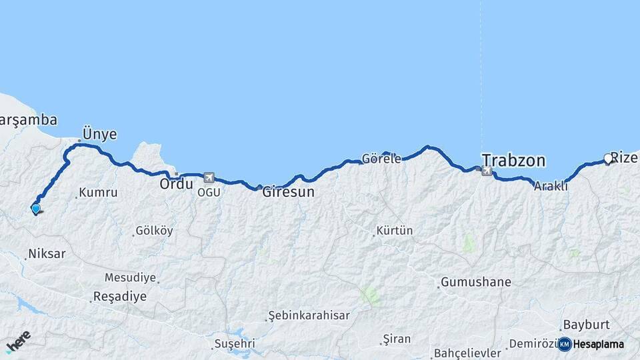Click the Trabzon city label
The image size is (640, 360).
point(513,161)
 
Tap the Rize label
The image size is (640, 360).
point(625,158)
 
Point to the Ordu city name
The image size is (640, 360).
point(176,183)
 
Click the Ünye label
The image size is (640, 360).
point(99,134)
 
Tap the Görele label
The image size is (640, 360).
point(381,159)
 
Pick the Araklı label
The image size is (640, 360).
point(551,187)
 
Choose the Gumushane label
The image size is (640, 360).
point(476,282)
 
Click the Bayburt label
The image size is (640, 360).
point(587,325)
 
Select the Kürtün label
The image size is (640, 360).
point(395,231)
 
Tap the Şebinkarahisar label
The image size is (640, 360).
point(309,315)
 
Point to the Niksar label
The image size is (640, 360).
point(47,254)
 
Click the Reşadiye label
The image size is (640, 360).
point(120,297)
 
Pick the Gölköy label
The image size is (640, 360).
point(154,231)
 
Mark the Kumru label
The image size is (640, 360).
point(98,193)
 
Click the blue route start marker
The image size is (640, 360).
point(35,209)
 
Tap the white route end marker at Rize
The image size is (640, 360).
point(607,159)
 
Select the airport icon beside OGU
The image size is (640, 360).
point(209,178)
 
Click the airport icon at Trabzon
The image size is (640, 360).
point(487,171)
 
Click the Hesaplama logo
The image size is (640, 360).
point(591,344)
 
